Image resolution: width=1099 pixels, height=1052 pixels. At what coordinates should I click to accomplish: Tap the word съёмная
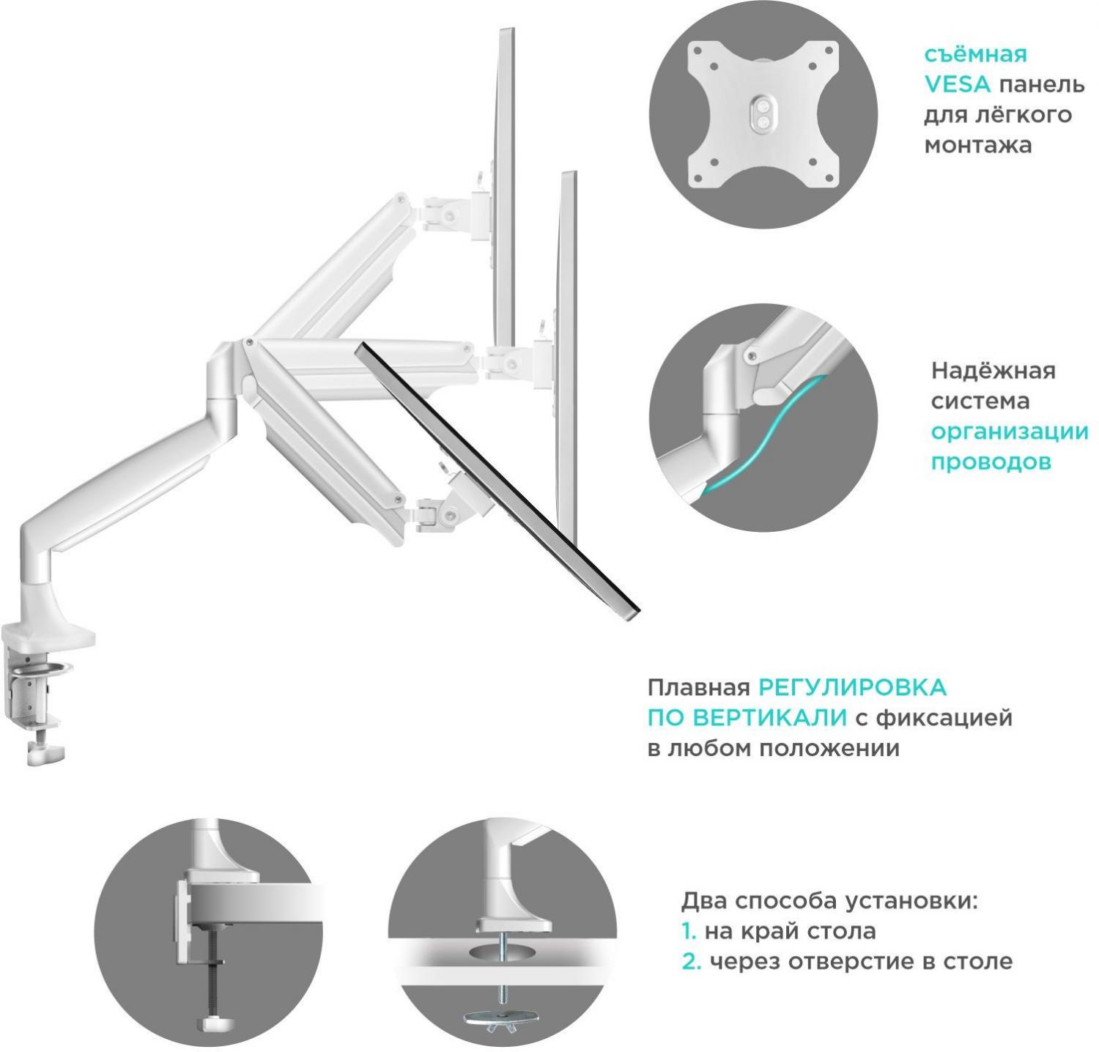(x=974, y=55)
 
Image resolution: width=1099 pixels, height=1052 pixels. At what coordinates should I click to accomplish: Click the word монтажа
(x=978, y=145)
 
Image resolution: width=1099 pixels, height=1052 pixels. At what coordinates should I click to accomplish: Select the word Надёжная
(x=993, y=371)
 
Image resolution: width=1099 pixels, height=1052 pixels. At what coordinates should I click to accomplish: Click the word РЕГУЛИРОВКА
(x=852, y=688)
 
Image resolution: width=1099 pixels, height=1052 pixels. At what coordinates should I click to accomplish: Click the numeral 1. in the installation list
(x=689, y=931)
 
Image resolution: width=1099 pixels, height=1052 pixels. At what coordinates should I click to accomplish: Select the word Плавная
(x=698, y=688)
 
